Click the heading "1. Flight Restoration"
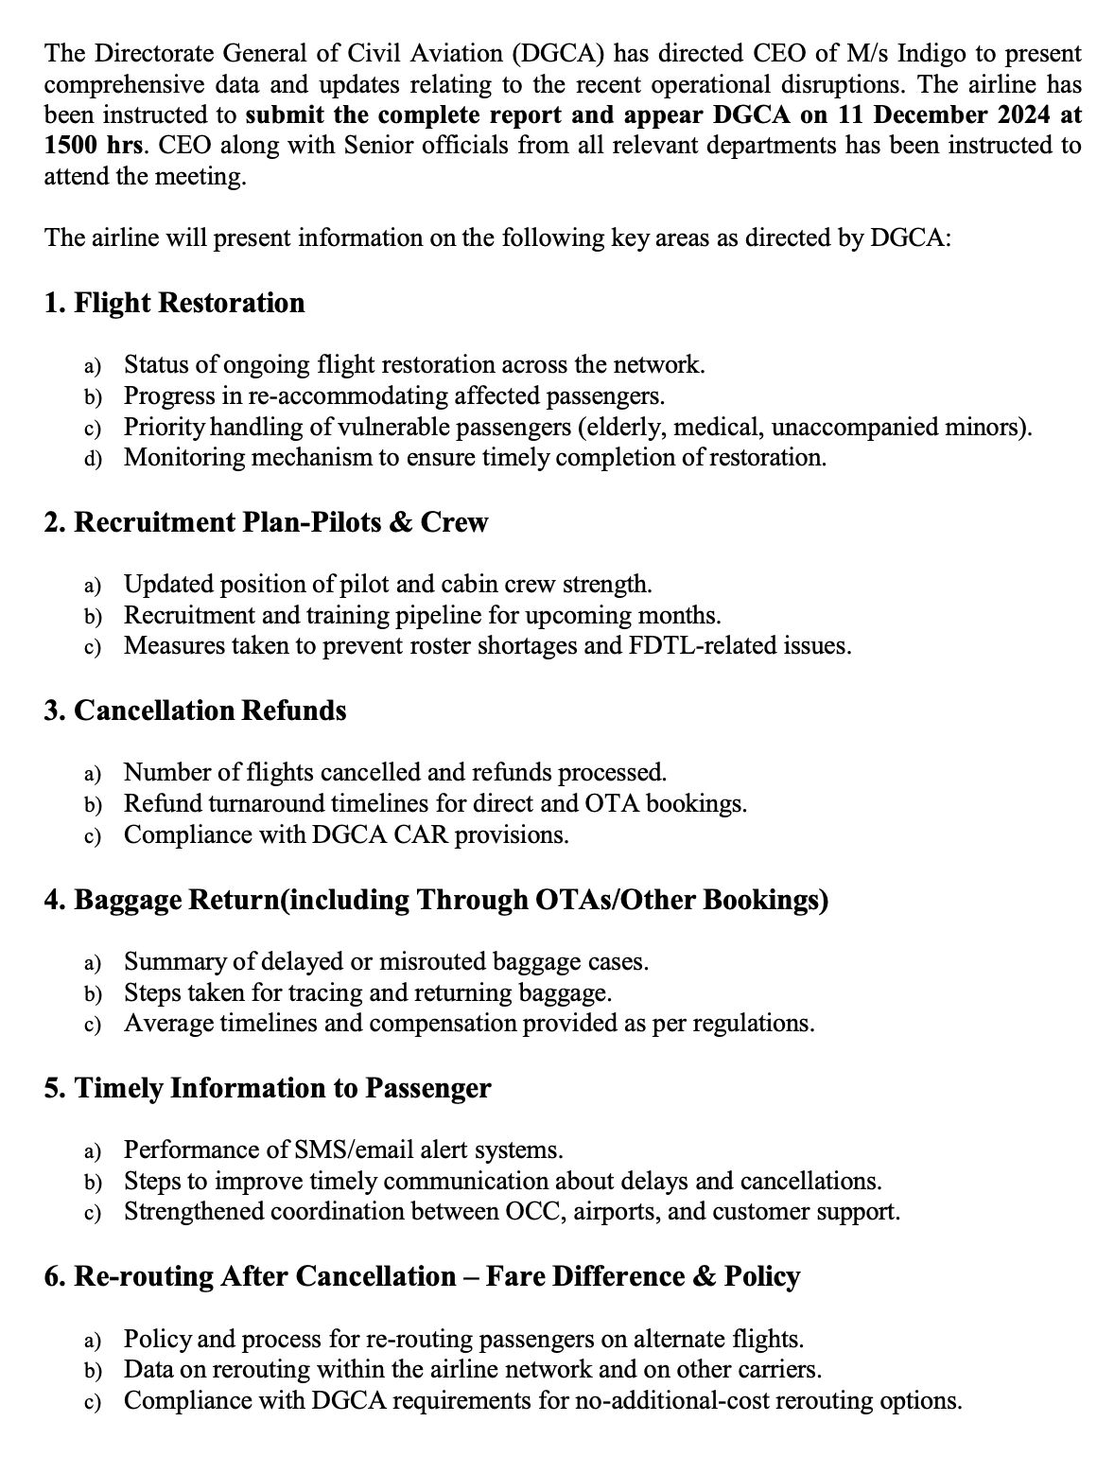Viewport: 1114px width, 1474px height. click(x=174, y=303)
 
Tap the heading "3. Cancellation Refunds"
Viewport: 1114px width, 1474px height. click(x=195, y=711)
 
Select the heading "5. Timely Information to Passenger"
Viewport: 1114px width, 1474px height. click(x=268, y=1088)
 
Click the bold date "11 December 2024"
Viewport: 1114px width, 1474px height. click(x=931, y=115)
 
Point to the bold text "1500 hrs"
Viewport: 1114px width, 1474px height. click(x=94, y=146)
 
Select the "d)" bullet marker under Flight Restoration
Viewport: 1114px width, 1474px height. click(x=93, y=459)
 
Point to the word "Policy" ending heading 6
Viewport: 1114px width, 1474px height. click(x=762, y=1276)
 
